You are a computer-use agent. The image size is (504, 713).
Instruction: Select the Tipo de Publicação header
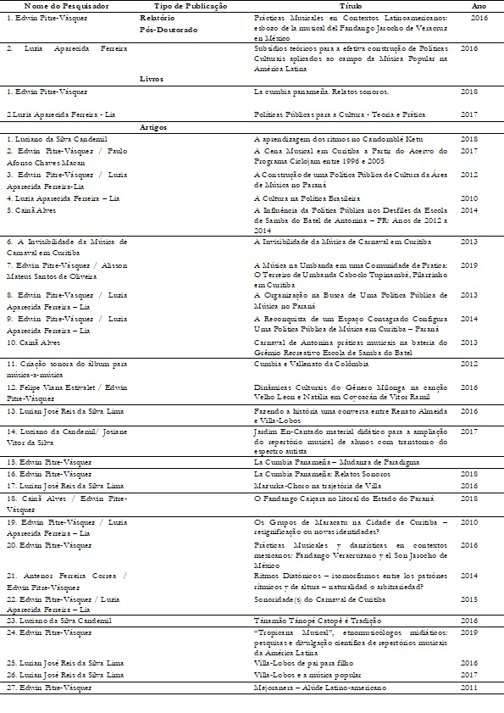pyautogui.click(x=171, y=5)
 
